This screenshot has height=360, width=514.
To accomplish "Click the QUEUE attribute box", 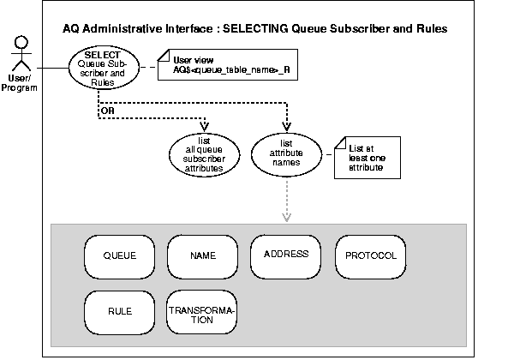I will (x=120, y=256).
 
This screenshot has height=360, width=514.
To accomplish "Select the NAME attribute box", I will (x=202, y=256).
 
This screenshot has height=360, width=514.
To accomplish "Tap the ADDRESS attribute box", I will (x=286, y=255).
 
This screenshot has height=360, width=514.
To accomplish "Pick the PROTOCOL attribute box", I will (x=370, y=255).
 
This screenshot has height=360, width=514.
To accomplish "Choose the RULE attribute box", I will (x=120, y=313).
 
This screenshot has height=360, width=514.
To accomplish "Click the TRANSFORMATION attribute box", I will (x=202, y=314).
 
